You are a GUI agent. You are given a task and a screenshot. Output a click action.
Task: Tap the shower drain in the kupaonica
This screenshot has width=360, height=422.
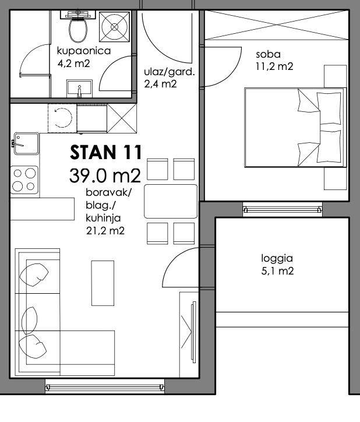click(114, 27)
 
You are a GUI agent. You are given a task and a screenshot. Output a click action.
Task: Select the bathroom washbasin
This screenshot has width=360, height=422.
click(79, 88)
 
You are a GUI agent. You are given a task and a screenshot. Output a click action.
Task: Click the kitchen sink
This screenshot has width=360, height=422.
click(26, 143)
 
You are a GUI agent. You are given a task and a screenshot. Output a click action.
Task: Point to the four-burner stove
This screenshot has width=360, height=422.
click(24, 180)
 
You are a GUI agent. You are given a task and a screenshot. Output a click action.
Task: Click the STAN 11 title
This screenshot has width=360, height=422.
click(106, 152)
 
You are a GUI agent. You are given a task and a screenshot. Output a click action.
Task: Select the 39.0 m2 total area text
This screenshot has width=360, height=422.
click(105, 176)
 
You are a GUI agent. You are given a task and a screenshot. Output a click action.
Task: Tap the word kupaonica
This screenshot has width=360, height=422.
click(84, 51)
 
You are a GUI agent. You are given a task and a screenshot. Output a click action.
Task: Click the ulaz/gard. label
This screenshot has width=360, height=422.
click(170, 72)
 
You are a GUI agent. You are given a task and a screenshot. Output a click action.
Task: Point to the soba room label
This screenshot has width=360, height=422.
click(268, 54)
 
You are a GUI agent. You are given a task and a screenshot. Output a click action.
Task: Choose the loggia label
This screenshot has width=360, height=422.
click(277, 259)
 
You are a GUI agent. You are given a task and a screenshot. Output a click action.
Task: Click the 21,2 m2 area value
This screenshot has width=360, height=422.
click(105, 231)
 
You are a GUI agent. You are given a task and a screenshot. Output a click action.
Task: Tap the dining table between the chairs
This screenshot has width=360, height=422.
click(171, 201)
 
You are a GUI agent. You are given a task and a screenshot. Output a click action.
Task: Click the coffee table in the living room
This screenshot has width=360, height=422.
click(103, 283)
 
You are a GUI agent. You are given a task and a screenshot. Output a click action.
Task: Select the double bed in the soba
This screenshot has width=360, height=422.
click(295, 127)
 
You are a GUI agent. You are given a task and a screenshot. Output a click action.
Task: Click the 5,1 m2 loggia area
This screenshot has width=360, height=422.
click(277, 271)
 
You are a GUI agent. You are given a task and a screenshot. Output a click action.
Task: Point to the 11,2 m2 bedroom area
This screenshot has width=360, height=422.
click(274, 66)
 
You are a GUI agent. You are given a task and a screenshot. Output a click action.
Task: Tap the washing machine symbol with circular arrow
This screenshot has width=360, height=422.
click(62, 118)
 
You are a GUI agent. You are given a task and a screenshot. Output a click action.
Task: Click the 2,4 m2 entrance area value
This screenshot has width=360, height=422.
click(160, 85)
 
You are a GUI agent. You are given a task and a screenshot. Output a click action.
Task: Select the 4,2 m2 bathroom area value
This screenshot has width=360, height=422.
click(73, 64)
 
